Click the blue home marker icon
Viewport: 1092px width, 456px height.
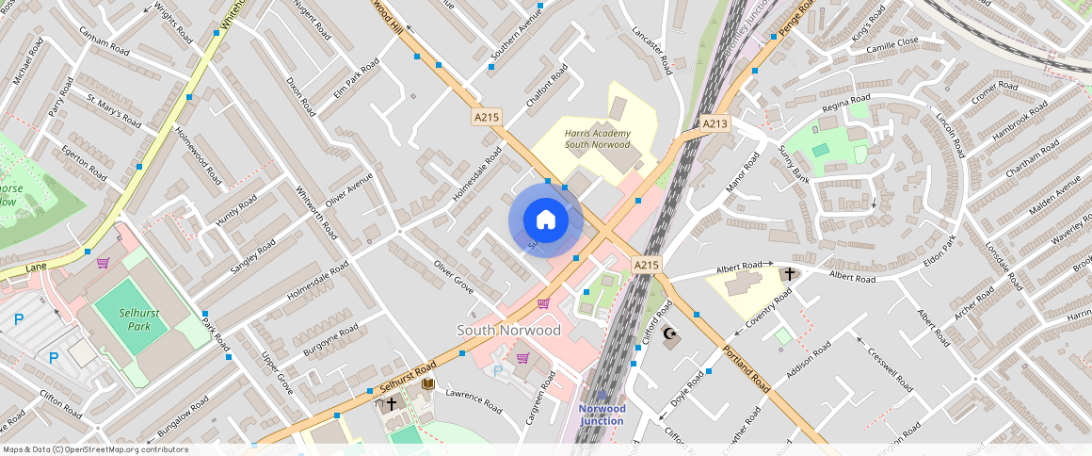tap(546, 220)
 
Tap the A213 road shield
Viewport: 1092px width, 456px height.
tap(715, 123)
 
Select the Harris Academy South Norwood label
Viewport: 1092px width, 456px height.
tap(596, 139)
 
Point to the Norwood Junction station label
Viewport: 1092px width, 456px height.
tap(602, 415)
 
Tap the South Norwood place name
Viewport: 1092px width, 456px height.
tap(508, 330)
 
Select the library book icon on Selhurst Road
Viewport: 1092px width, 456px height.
tap(428, 383)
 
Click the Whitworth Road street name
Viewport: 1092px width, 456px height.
tap(317, 212)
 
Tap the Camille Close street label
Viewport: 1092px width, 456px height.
tap(891, 43)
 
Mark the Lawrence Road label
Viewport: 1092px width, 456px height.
tap(474, 400)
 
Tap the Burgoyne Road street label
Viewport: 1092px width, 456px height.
tap(330, 342)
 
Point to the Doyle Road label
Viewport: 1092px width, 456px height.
tap(686, 389)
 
